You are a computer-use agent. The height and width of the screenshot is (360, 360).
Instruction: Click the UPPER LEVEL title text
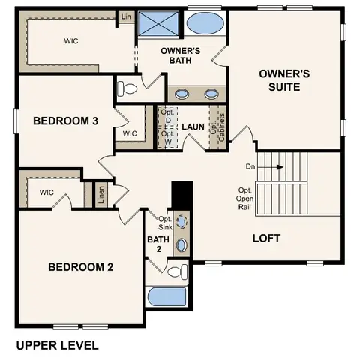tap(56, 346)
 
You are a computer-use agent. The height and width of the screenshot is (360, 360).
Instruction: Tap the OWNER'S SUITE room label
tap(280, 80)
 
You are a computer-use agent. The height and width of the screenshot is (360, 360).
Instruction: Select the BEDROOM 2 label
tap(80, 267)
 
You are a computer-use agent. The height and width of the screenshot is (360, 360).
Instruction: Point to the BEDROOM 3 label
tap(65, 121)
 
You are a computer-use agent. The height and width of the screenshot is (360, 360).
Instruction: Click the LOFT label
tap(266, 238)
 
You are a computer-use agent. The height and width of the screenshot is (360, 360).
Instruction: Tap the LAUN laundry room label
tap(193, 127)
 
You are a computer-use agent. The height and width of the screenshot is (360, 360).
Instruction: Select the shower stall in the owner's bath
tap(158, 25)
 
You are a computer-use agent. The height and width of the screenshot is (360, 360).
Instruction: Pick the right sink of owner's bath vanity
tap(211, 94)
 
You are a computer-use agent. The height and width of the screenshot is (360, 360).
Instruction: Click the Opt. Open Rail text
tap(244, 201)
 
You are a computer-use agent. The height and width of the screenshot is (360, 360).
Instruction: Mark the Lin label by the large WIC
tap(124, 16)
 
